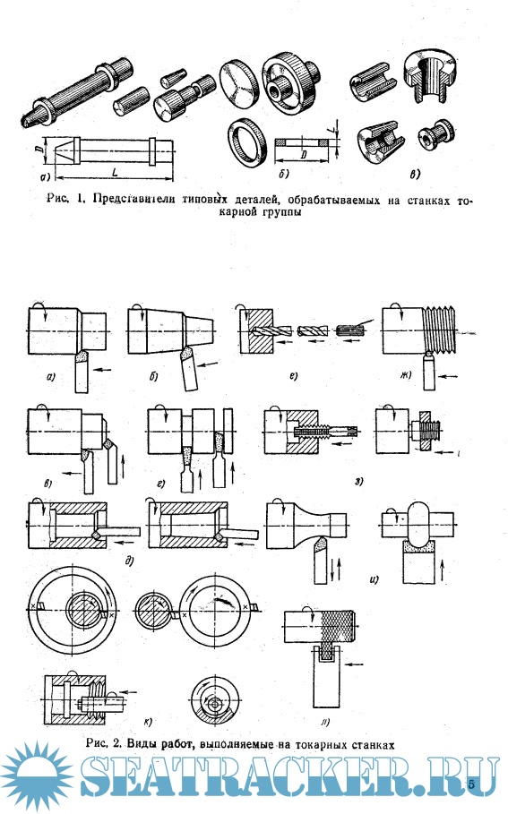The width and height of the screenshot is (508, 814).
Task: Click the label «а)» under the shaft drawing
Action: tap(45, 177)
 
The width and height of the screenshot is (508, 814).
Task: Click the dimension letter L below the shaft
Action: tap(115, 171)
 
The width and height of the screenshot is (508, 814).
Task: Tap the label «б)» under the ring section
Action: tap(284, 174)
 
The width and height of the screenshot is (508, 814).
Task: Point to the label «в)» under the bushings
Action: tap(415, 175)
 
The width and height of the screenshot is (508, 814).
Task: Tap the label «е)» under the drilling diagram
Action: tap(294, 376)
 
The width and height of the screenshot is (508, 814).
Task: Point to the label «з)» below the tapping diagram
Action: tap(359, 481)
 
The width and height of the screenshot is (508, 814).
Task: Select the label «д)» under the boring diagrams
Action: tap(130, 560)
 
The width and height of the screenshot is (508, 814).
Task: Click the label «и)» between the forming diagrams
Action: tap(374, 579)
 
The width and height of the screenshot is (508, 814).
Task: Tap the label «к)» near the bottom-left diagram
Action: tap(148, 721)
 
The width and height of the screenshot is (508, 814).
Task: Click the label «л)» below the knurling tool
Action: tap(326, 721)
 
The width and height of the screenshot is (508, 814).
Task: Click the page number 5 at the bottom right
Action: tap(471, 784)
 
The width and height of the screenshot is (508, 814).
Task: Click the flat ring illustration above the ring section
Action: tap(245, 142)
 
